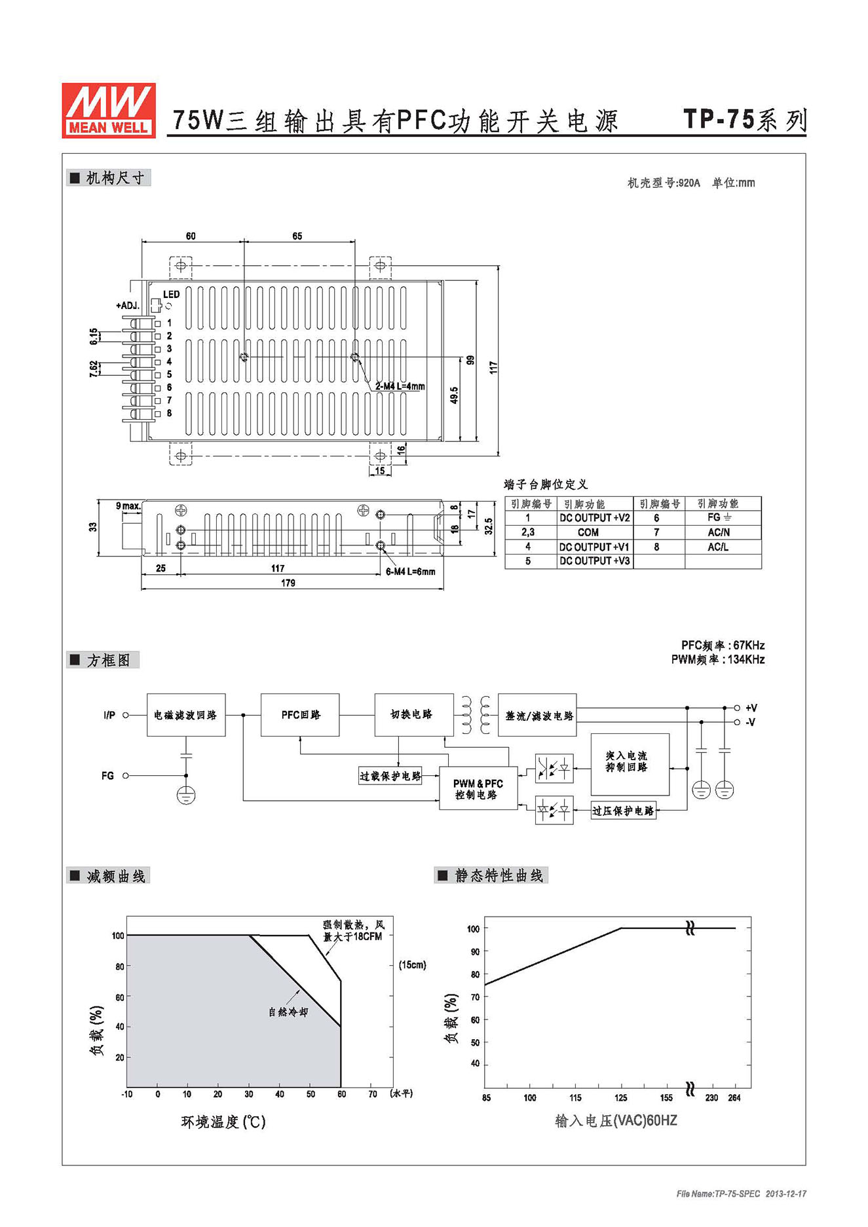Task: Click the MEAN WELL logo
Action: click(109, 110)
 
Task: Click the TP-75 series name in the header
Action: click(745, 120)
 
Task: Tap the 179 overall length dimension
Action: click(288, 583)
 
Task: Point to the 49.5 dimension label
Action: click(454, 395)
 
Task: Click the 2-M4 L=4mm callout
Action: click(400, 386)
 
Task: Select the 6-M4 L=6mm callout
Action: click(410, 572)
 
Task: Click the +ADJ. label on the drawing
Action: click(128, 306)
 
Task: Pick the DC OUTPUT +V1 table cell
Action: click(594, 547)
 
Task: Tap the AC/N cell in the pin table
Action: click(719, 532)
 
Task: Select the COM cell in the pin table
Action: click(588, 532)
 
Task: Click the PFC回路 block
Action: click(300, 715)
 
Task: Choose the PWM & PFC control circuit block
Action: click(478, 789)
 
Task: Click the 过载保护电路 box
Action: click(390, 776)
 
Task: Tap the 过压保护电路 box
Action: click(624, 811)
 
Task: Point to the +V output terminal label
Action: click(751, 708)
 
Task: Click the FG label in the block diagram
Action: click(107, 776)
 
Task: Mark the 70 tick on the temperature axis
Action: click(373, 1094)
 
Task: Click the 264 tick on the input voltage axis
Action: click(734, 1098)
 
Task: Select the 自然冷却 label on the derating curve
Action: click(288, 1012)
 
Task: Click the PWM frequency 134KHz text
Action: click(718, 659)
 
